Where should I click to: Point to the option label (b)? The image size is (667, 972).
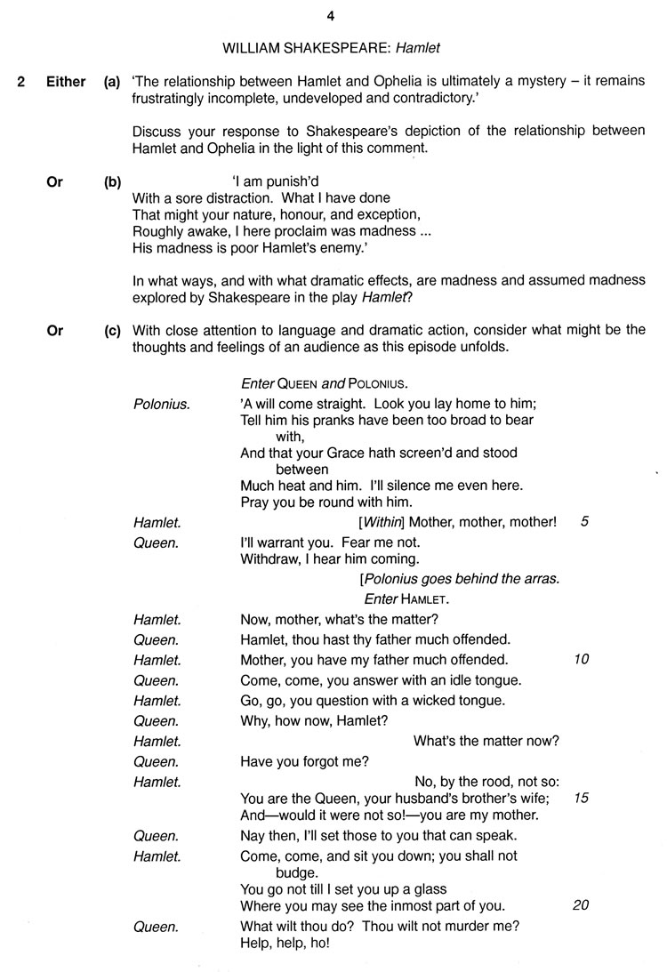click(112, 181)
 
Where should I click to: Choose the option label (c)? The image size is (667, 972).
click(112, 331)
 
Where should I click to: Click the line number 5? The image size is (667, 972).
click(583, 522)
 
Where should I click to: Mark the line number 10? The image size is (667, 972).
click(582, 660)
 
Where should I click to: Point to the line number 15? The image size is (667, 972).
click(582, 798)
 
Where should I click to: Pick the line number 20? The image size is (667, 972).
click(582, 905)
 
